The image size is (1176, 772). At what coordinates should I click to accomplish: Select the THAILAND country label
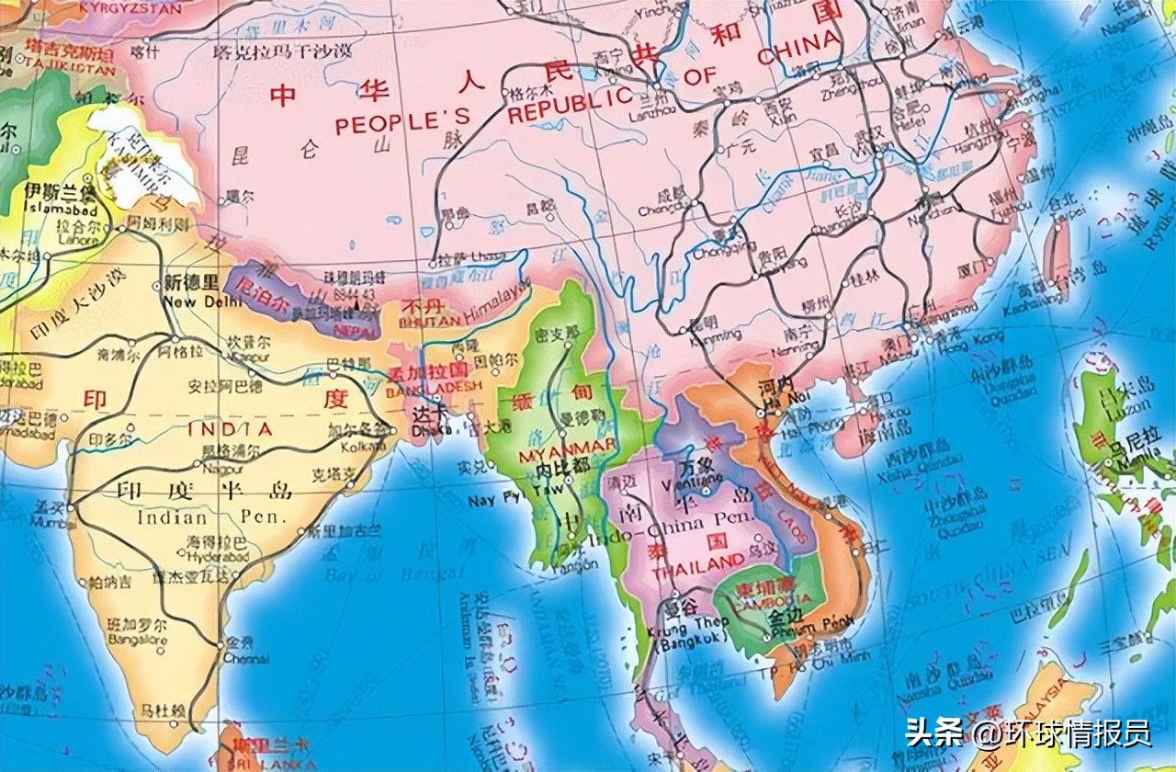click(x=698, y=562)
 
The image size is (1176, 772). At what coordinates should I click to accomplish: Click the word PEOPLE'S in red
click(x=402, y=120)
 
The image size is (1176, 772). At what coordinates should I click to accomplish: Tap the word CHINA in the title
click(x=797, y=47)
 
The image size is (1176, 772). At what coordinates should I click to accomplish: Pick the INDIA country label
click(x=230, y=429)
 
